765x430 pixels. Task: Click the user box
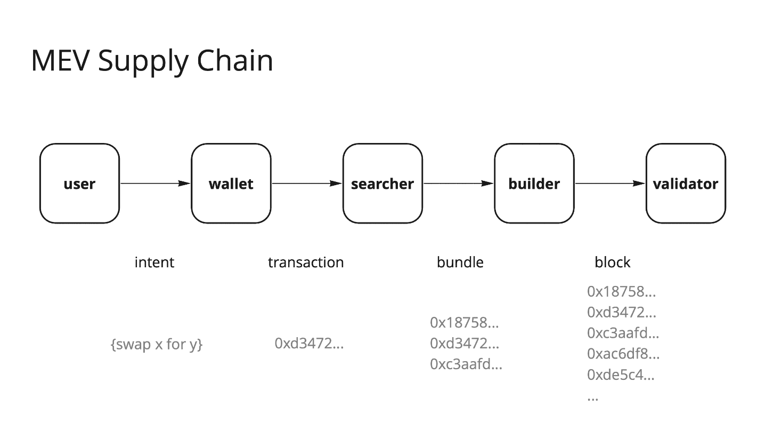(x=79, y=184)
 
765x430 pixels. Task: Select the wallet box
(x=231, y=184)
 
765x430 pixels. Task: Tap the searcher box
(x=382, y=184)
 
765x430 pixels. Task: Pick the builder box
(x=534, y=184)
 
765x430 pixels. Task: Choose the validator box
(x=685, y=184)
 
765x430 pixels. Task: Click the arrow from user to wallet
(x=155, y=184)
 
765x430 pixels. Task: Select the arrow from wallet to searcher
(x=306, y=184)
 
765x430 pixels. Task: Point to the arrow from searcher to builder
(x=458, y=184)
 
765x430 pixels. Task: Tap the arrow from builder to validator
(x=609, y=184)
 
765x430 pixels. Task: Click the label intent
(x=154, y=262)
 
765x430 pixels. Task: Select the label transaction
(x=306, y=262)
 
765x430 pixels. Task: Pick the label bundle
(x=460, y=262)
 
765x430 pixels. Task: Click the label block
(x=612, y=262)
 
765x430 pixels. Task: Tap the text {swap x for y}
(x=156, y=345)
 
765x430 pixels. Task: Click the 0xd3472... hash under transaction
(x=309, y=343)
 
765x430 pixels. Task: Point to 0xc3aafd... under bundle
(x=466, y=364)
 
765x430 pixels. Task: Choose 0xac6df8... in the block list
(x=623, y=354)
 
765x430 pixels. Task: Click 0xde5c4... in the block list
(x=621, y=375)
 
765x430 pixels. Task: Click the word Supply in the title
(x=142, y=61)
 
